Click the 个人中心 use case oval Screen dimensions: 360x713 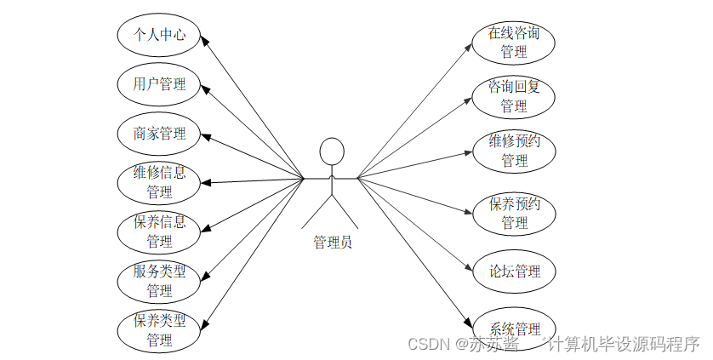[159, 35]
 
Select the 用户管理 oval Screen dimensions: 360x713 [159, 83]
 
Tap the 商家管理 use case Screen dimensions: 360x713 [159, 133]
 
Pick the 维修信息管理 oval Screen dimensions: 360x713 [159, 182]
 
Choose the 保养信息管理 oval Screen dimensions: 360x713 [159, 231]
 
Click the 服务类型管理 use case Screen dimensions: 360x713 [159, 281]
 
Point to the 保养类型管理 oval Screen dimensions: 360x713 [159, 330]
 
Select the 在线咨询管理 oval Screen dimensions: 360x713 [514, 43]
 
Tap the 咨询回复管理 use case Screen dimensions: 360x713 [514, 96]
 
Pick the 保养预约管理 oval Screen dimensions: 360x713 [514, 214]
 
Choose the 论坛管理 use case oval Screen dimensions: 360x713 [514, 271]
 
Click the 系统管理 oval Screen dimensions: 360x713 [514, 328]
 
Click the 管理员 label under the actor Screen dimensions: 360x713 [332, 242]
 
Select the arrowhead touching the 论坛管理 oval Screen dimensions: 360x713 [472, 269]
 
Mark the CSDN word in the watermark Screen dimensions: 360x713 [428, 344]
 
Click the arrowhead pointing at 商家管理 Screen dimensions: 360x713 [206, 136]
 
